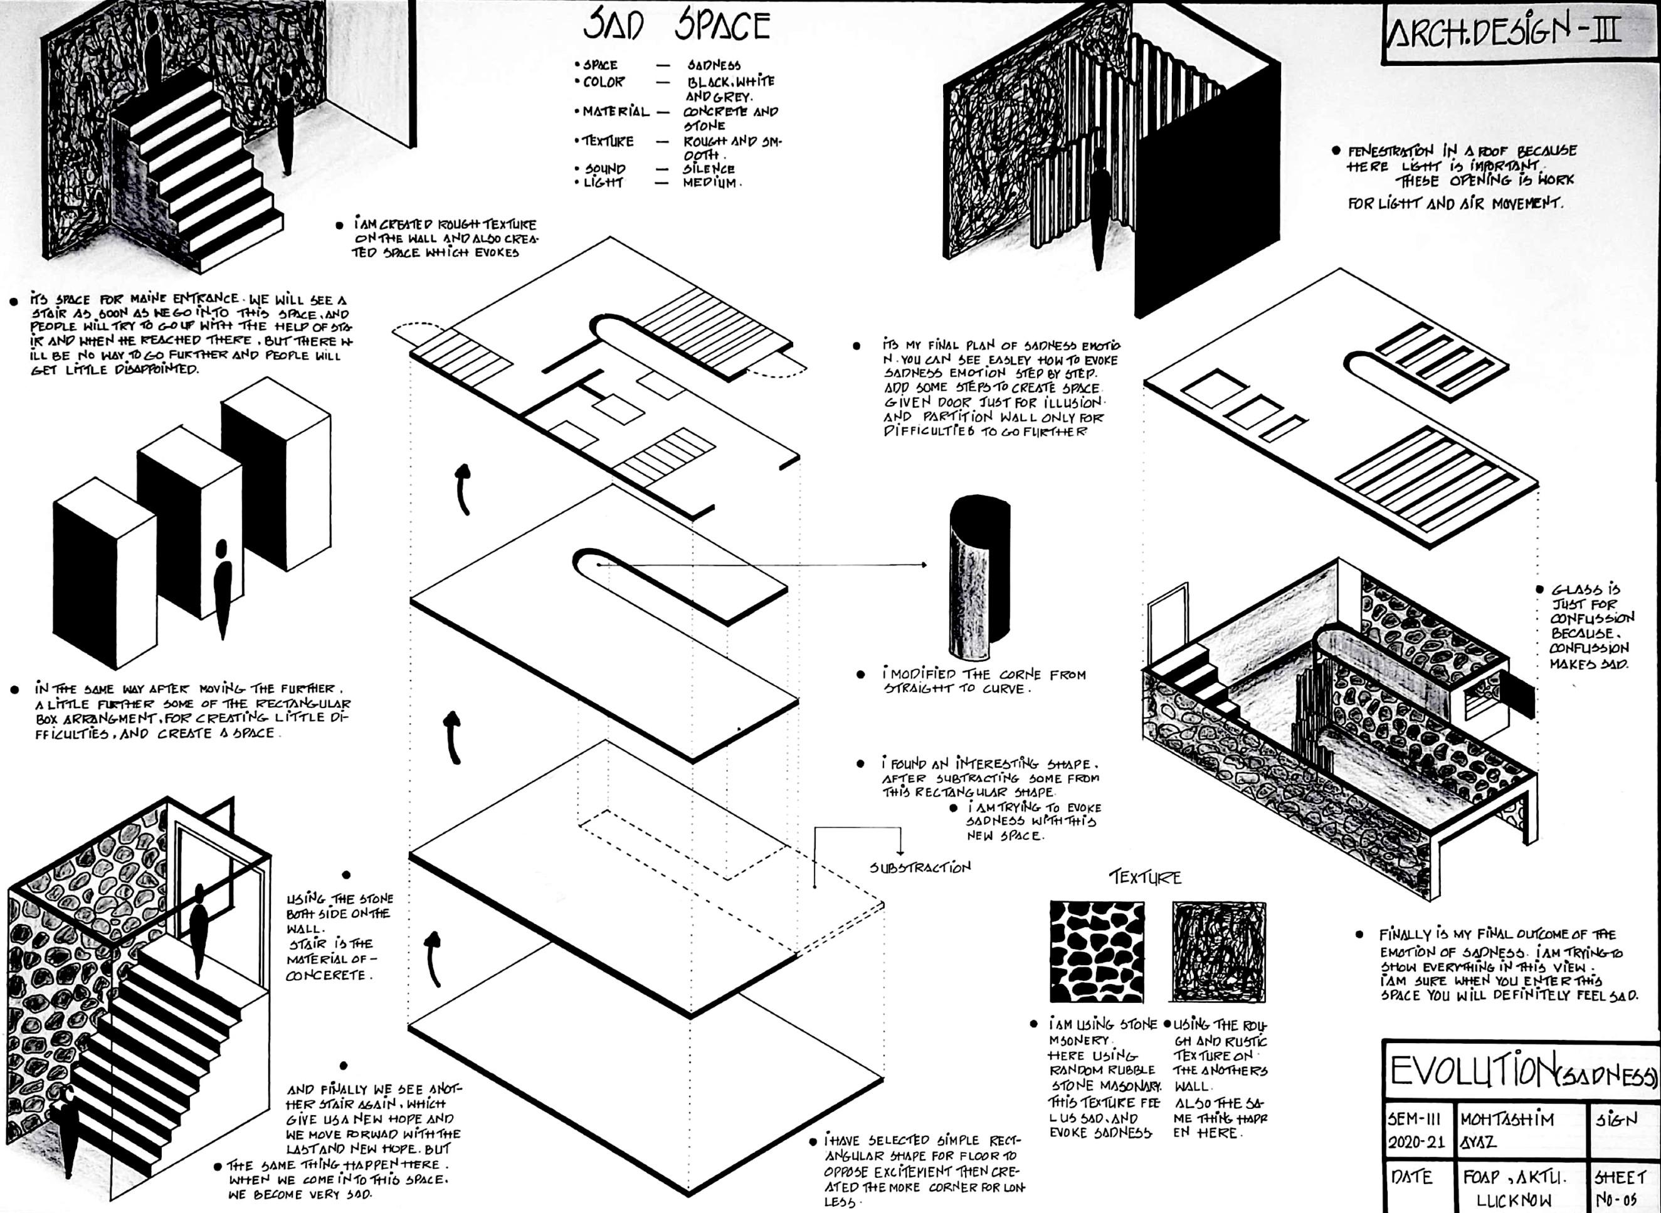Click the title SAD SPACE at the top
(x=676, y=26)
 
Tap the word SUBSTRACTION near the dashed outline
(x=920, y=868)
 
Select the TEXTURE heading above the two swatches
(x=1144, y=877)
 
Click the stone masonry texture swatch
(x=1096, y=951)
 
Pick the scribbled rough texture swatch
(x=1218, y=951)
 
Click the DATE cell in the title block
(x=1411, y=1177)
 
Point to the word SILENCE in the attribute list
(x=709, y=169)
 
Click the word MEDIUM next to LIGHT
(x=710, y=183)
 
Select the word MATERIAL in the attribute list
(x=615, y=112)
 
